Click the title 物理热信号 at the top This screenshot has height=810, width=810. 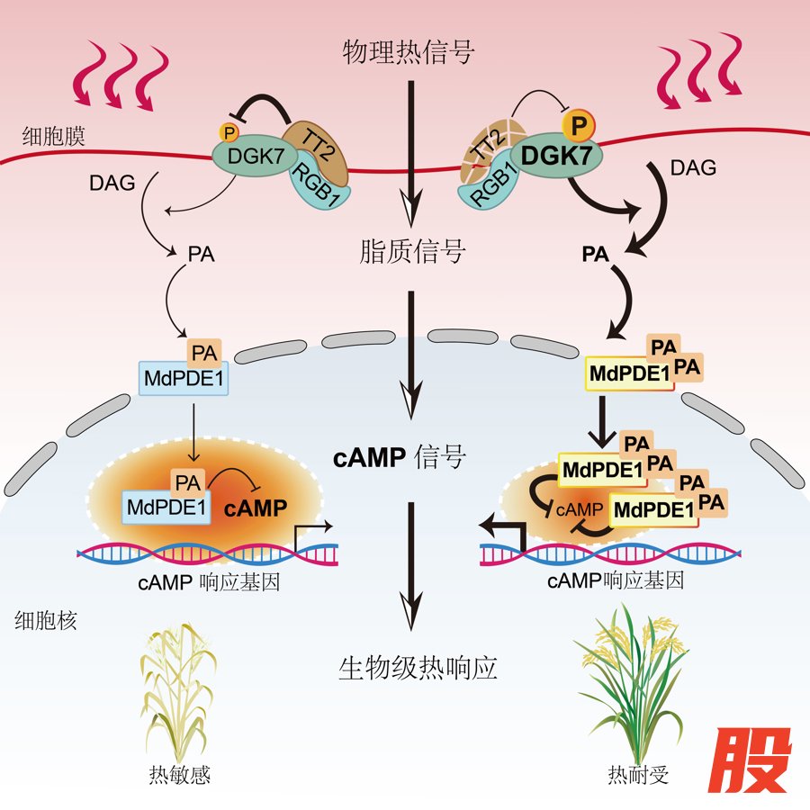[409, 51]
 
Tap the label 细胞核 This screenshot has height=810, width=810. [46, 620]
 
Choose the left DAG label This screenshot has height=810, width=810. [112, 184]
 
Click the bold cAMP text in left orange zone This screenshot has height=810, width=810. [256, 508]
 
